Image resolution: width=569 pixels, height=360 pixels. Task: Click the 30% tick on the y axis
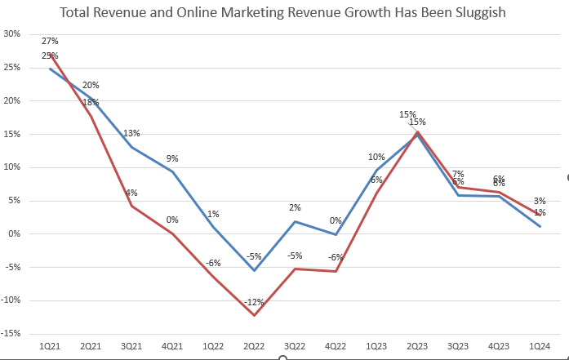coord(12,34)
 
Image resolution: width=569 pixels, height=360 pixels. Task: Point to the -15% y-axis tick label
coord(11,334)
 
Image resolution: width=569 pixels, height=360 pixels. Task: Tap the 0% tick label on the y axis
coord(15,234)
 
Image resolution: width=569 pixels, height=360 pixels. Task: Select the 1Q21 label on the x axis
coord(50,348)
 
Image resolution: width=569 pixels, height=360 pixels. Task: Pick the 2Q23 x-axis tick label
coord(416,348)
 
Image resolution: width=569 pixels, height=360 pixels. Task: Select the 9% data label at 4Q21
coord(172,159)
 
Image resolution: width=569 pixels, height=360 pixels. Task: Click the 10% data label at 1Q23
coord(376,158)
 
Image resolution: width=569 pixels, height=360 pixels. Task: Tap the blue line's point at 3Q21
coord(131,147)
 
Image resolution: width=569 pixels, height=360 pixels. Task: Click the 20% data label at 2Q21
coord(91,86)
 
